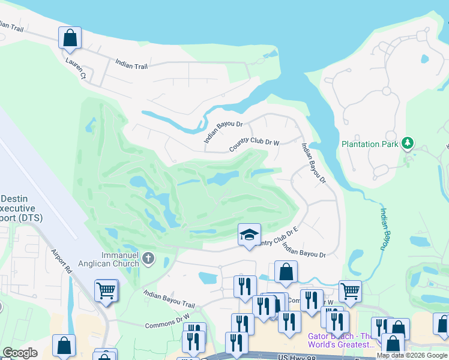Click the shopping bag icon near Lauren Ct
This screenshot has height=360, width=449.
[x=70, y=38]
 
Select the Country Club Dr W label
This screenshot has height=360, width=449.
[x=255, y=145]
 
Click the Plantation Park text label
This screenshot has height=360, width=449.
[x=369, y=144]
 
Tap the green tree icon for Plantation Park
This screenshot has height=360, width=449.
[x=408, y=143]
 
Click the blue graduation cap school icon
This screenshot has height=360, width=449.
[x=249, y=235]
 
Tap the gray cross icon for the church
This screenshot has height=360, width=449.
[x=148, y=259]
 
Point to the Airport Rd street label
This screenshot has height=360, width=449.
[x=62, y=262]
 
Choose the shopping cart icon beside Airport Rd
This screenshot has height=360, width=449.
[x=106, y=292]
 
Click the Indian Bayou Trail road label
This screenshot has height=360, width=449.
[x=169, y=299]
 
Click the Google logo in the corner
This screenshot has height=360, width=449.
[x=20, y=353]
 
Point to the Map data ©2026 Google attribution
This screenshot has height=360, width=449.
[x=412, y=355]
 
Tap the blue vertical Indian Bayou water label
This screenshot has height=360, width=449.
[x=384, y=229]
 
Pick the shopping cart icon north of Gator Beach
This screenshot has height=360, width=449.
[x=350, y=292]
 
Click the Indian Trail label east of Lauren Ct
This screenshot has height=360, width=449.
[x=131, y=64]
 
